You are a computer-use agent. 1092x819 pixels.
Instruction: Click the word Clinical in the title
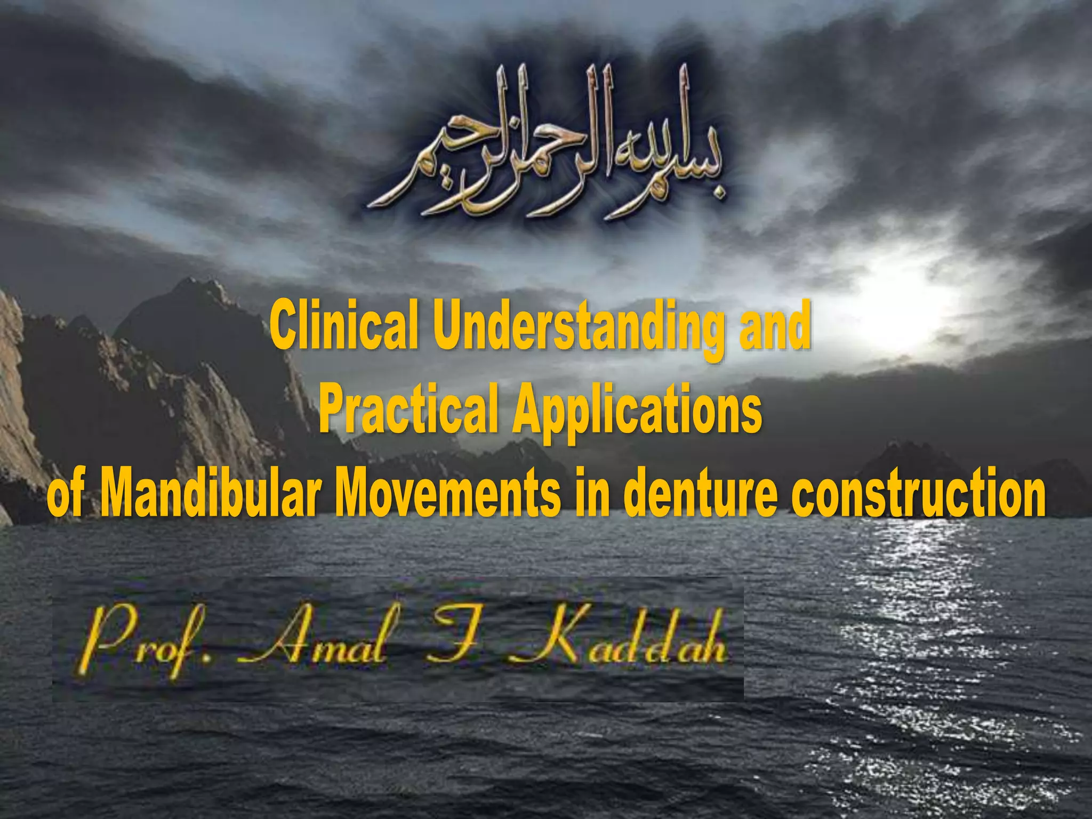click(342, 325)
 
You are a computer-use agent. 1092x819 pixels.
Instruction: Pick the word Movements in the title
click(448, 492)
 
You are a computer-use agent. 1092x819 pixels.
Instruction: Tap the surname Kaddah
click(619, 640)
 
